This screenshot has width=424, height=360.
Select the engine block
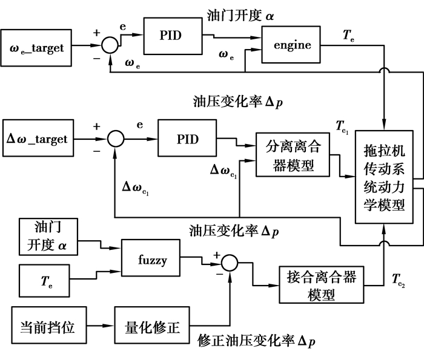tap(292, 45)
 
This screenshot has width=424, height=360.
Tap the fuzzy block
tap(151, 257)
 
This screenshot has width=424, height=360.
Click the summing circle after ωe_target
tap(110, 44)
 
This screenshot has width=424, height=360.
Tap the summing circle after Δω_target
tap(116, 140)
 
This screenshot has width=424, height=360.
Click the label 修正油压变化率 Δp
tap(256, 342)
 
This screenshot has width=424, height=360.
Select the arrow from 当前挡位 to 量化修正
tap(102, 328)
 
